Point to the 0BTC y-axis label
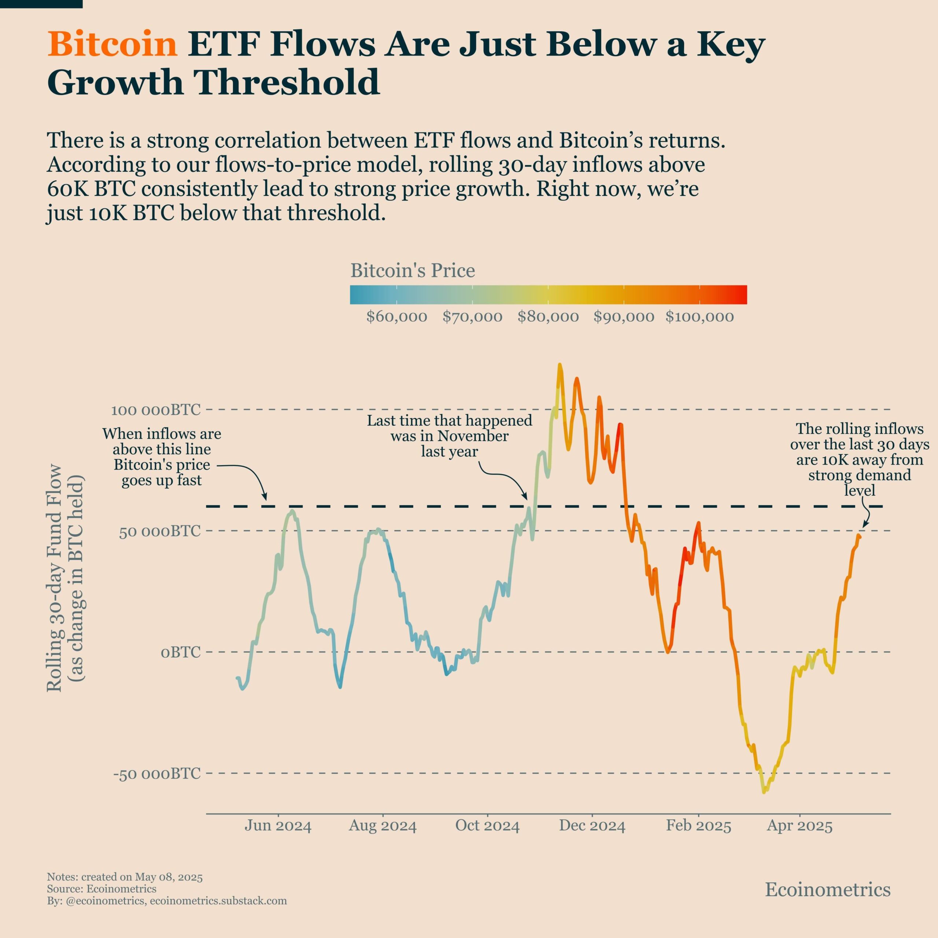click(x=181, y=652)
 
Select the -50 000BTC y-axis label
click(x=157, y=773)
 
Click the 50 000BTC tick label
click(x=160, y=531)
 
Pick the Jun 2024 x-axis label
click(x=278, y=826)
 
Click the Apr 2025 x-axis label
click(x=799, y=826)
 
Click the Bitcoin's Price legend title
click(x=413, y=270)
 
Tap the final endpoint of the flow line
click(x=859, y=536)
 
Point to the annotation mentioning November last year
click(x=449, y=436)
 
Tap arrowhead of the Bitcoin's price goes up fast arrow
click(x=265, y=498)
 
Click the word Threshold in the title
click(x=287, y=82)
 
